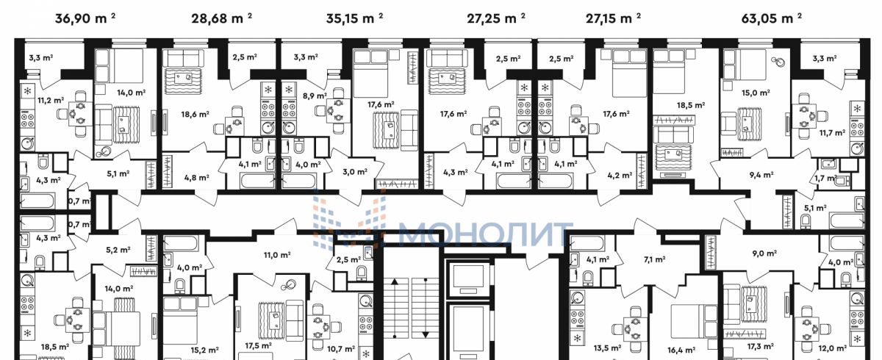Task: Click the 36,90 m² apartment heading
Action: (x=85, y=18)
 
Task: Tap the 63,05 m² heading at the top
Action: (x=771, y=18)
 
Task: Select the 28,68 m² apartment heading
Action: (x=222, y=18)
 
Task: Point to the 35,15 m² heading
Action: (x=354, y=18)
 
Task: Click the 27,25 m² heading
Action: (x=495, y=18)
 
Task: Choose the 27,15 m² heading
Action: (x=613, y=18)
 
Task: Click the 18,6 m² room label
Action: (x=195, y=115)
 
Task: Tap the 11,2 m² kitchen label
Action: (x=51, y=101)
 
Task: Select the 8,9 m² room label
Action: (x=315, y=96)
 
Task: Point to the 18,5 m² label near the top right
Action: (x=691, y=105)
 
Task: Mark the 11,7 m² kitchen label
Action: (x=832, y=133)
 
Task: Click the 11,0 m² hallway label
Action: (x=277, y=255)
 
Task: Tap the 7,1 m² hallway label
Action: (x=654, y=259)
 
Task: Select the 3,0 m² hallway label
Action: (x=355, y=171)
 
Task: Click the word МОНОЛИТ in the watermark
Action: (x=485, y=234)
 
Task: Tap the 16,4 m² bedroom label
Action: (x=681, y=350)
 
